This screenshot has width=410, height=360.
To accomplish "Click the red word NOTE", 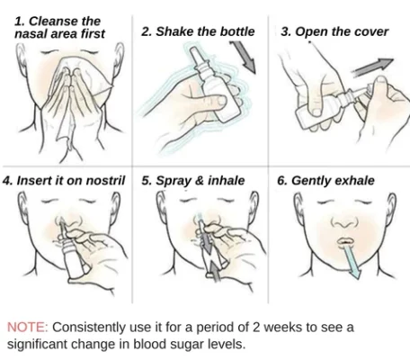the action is [27, 328].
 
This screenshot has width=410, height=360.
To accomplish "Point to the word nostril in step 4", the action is [105, 181].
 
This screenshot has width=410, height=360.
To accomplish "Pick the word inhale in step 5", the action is [227, 181].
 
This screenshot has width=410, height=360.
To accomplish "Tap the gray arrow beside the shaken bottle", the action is [243, 57].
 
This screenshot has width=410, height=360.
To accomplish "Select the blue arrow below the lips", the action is [352, 261].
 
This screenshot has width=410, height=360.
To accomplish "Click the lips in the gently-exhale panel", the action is [345, 241].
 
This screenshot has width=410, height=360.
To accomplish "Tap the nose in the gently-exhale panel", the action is [344, 222].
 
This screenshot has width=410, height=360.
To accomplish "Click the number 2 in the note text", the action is [256, 328].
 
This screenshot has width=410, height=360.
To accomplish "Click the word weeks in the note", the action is [283, 328].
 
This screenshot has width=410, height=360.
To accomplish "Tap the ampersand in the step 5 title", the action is [199, 181].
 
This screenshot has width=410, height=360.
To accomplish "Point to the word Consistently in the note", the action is [89, 328].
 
